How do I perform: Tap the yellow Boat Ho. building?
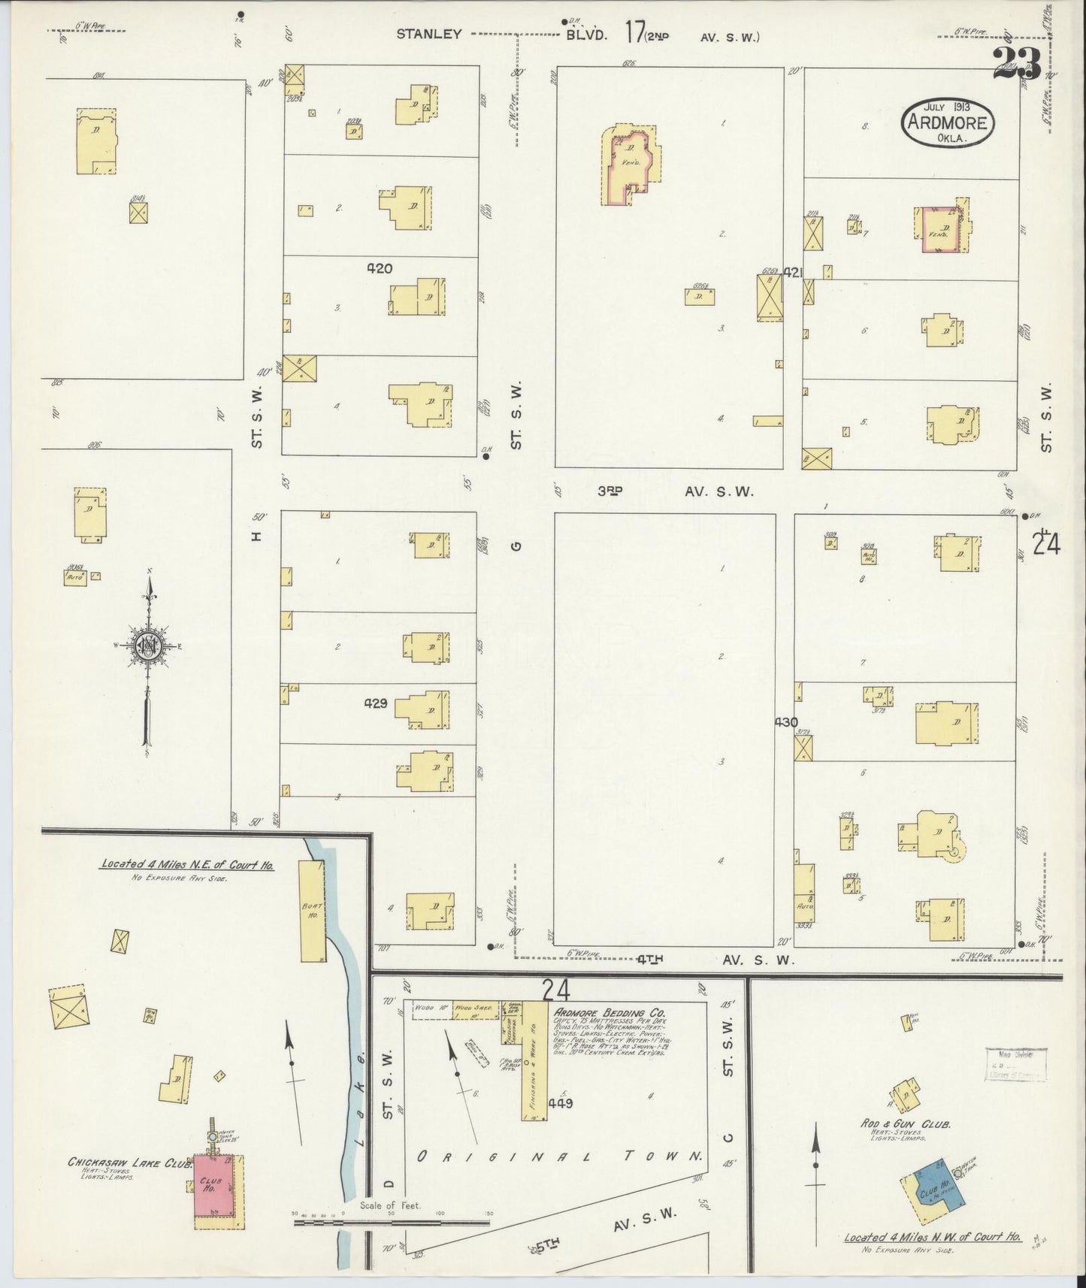tap(313, 911)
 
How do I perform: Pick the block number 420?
tap(380, 268)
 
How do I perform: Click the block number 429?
tap(376, 703)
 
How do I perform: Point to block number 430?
tap(786, 722)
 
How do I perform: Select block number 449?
tap(561, 1103)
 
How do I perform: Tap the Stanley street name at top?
tap(429, 34)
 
